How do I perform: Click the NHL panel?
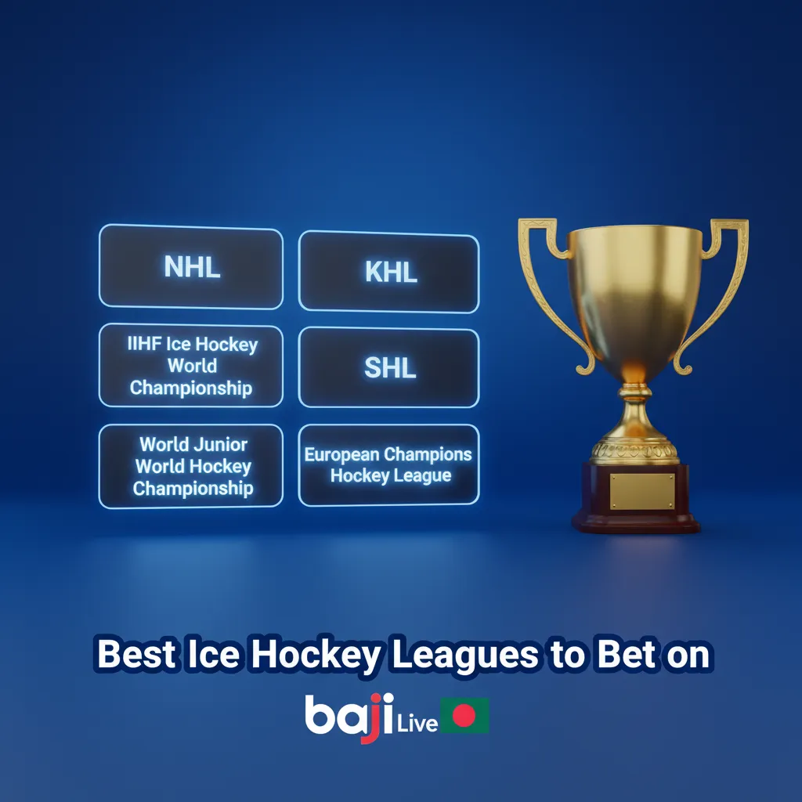190,266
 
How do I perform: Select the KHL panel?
389,272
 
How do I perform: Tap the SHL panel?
389,367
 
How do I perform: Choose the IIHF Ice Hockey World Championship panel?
191,366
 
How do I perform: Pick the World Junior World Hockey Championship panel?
191,466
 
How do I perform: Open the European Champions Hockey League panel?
389,465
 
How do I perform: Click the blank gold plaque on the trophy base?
641,491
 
